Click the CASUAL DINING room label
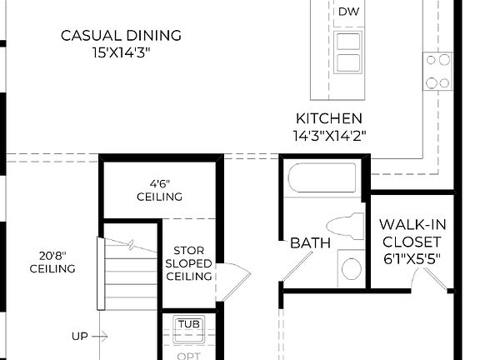point(121,35)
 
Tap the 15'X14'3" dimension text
point(121,52)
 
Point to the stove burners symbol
point(437,71)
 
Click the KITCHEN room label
point(329,118)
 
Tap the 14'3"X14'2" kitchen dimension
point(329,134)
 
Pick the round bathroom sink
point(352,268)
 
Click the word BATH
point(310,243)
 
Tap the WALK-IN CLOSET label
point(409,232)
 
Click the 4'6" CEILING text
point(159,191)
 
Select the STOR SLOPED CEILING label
point(189,263)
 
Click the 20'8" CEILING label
point(52,262)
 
